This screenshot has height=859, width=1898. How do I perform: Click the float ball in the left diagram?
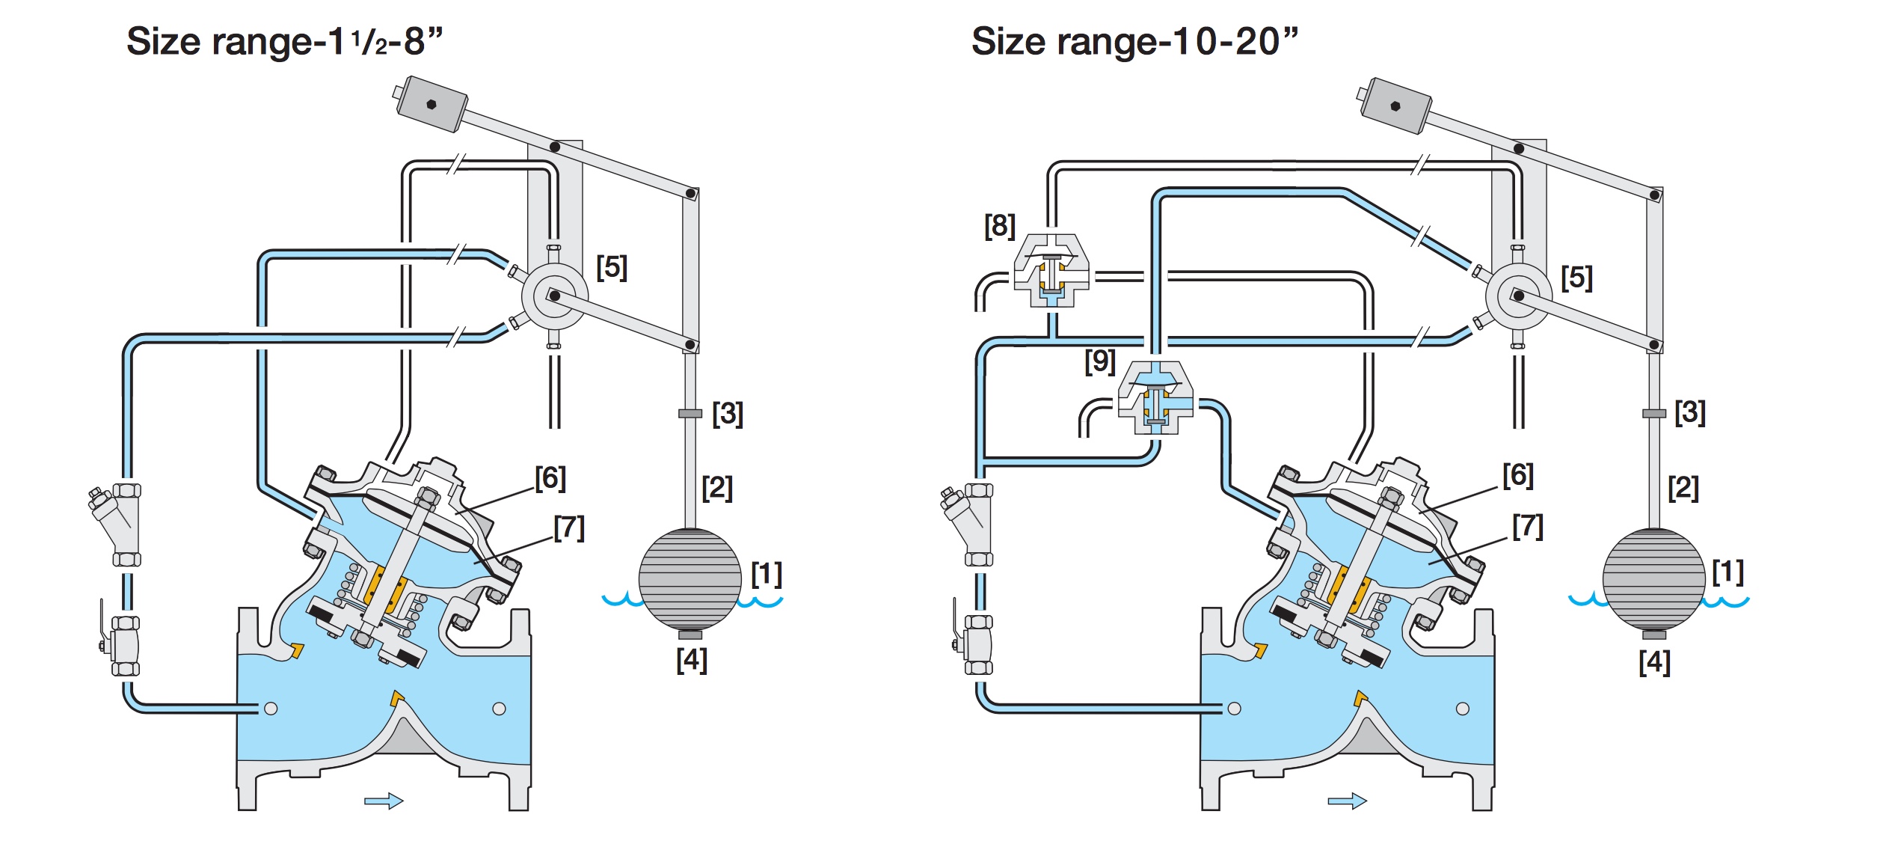(690, 578)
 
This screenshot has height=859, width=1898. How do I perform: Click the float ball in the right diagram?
(1653, 578)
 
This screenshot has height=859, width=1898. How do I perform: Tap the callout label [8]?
(1000, 225)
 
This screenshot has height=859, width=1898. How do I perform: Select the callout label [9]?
(1100, 361)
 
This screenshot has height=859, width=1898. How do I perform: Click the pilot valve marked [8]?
(1051, 274)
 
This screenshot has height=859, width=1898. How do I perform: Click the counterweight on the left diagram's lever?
(430, 104)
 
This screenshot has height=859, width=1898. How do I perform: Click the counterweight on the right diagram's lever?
(1394, 106)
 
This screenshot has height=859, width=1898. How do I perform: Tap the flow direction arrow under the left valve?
(384, 801)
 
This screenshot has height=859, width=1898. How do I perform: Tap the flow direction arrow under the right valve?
(1347, 801)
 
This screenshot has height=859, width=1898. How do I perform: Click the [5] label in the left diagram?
(612, 267)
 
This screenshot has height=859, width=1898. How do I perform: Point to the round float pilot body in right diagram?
(1518, 296)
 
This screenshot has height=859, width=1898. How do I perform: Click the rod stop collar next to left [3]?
(690, 413)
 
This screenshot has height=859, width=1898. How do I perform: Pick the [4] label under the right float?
(1654, 662)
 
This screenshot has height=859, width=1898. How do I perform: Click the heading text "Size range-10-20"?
(1134, 41)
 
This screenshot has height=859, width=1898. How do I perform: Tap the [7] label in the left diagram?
(569, 528)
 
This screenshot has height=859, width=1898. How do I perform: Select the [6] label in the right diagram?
(1518, 475)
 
